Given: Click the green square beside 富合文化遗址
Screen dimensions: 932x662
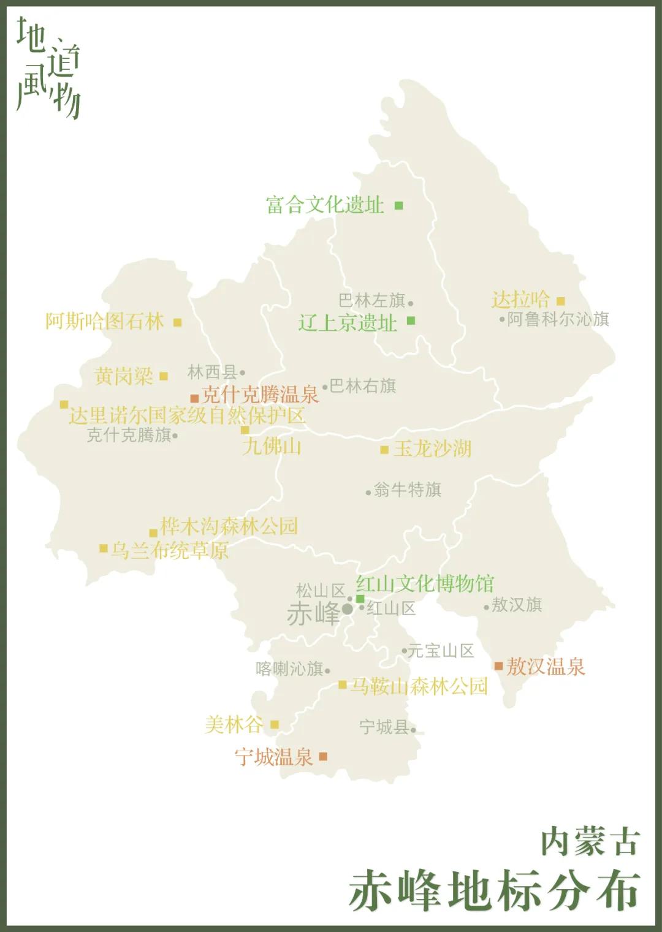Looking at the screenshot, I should click(398, 205).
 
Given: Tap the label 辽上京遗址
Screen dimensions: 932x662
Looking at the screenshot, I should click(348, 323).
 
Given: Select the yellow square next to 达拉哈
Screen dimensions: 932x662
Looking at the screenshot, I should click(560, 301).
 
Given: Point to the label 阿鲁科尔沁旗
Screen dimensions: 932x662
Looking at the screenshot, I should click(558, 319).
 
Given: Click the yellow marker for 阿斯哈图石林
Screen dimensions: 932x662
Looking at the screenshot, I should click(177, 322).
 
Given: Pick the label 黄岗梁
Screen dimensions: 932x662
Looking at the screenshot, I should click(124, 376).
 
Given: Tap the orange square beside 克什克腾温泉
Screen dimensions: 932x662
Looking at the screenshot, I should click(194, 398).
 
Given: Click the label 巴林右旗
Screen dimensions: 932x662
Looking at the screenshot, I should click(363, 386).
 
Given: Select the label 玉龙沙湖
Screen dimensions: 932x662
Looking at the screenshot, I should click(432, 449).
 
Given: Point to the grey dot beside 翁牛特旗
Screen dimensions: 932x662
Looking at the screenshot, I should click(368, 492).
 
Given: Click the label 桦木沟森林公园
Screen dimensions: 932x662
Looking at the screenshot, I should click(229, 526).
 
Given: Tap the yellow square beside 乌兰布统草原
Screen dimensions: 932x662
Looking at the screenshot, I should click(104, 548).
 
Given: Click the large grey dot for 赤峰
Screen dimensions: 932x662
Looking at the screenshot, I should click(348, 609).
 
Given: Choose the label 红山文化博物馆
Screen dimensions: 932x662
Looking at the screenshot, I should click(425, 583).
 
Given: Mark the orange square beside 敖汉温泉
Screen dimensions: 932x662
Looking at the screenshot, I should click(498, 666).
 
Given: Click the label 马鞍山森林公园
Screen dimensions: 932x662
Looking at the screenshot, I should click(419, 686).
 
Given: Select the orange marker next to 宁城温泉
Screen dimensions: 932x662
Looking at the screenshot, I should click(323, 757).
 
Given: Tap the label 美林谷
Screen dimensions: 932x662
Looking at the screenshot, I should click(234, 725).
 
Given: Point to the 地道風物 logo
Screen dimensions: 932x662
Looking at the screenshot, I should click(48, 67).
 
